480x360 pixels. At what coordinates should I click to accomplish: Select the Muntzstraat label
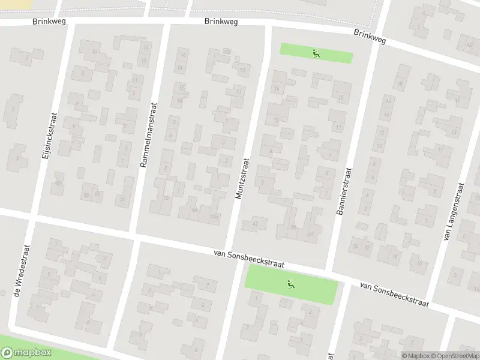[x=241, y=178]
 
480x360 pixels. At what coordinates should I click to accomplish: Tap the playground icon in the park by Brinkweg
[x=316, y=53]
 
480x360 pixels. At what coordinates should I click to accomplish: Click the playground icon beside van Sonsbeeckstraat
[x=291, y=284]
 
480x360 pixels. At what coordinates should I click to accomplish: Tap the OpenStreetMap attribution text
[x=455, y=356]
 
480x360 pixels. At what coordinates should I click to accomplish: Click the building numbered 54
[x=123, y=198]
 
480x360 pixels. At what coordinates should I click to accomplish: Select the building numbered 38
[x=293, y=227]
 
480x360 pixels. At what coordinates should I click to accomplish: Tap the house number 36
[x=311, y=233]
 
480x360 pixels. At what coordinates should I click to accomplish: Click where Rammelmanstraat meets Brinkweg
[x=164, y=24]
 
